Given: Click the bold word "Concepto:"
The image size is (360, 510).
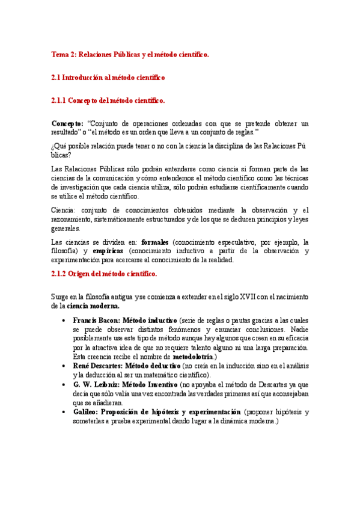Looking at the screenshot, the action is pyautogui.click(x=68, y=123).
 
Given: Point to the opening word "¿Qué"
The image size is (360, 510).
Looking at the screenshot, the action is pyautogui.click(x=59, y=146).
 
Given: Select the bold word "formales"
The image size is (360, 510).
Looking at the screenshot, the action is pyautogui.click(x=156, y=242).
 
